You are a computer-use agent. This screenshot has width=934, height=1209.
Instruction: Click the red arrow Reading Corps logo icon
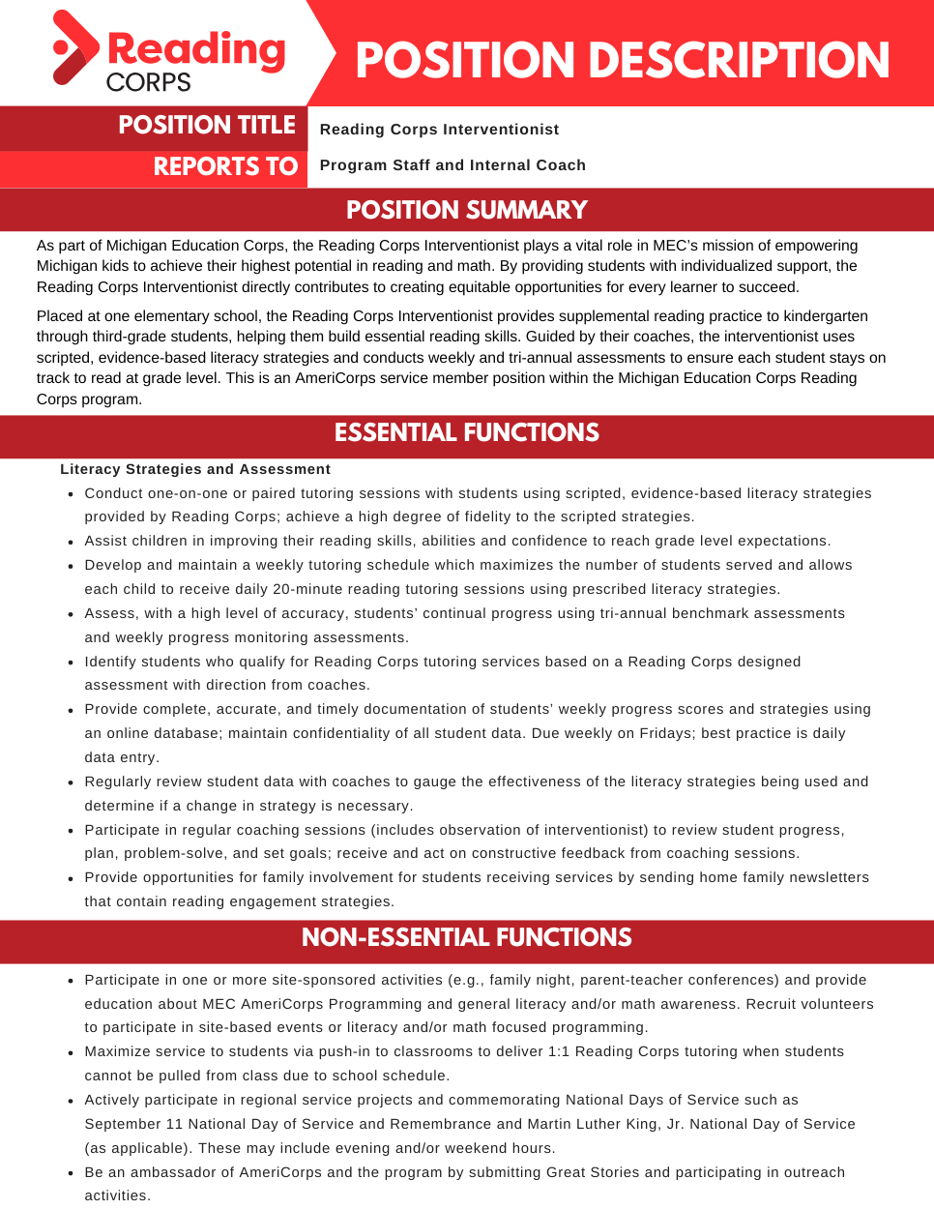pos(75,48)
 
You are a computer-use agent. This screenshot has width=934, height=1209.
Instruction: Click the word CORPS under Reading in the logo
pos(148,82)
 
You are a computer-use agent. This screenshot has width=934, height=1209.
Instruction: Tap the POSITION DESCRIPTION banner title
pos(622,60)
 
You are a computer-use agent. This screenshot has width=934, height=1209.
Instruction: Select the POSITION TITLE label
pos(206,126)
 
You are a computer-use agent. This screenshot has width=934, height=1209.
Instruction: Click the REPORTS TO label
pos(225,166)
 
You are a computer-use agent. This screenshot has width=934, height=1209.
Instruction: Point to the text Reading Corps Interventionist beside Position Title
pos(439,130)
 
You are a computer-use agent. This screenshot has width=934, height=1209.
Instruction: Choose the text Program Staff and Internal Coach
pos(452,165)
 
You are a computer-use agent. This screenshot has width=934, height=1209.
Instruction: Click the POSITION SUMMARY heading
pos(467,210)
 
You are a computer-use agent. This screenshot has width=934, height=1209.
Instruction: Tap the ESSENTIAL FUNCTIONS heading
pos(467,432)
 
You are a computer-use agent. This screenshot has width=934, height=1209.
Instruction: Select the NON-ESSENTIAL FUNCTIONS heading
pos(467,937)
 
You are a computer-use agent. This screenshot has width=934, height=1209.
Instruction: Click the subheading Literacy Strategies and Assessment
pos(195,469)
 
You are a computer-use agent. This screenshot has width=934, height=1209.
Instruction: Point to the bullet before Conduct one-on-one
pos(71,494)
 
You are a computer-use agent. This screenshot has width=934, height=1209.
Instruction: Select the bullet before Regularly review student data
pos(71,782)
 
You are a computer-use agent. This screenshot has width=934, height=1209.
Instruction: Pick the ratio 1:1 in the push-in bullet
pos(561,1051)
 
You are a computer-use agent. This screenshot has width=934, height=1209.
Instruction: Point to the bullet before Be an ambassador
pos(71,1173)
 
